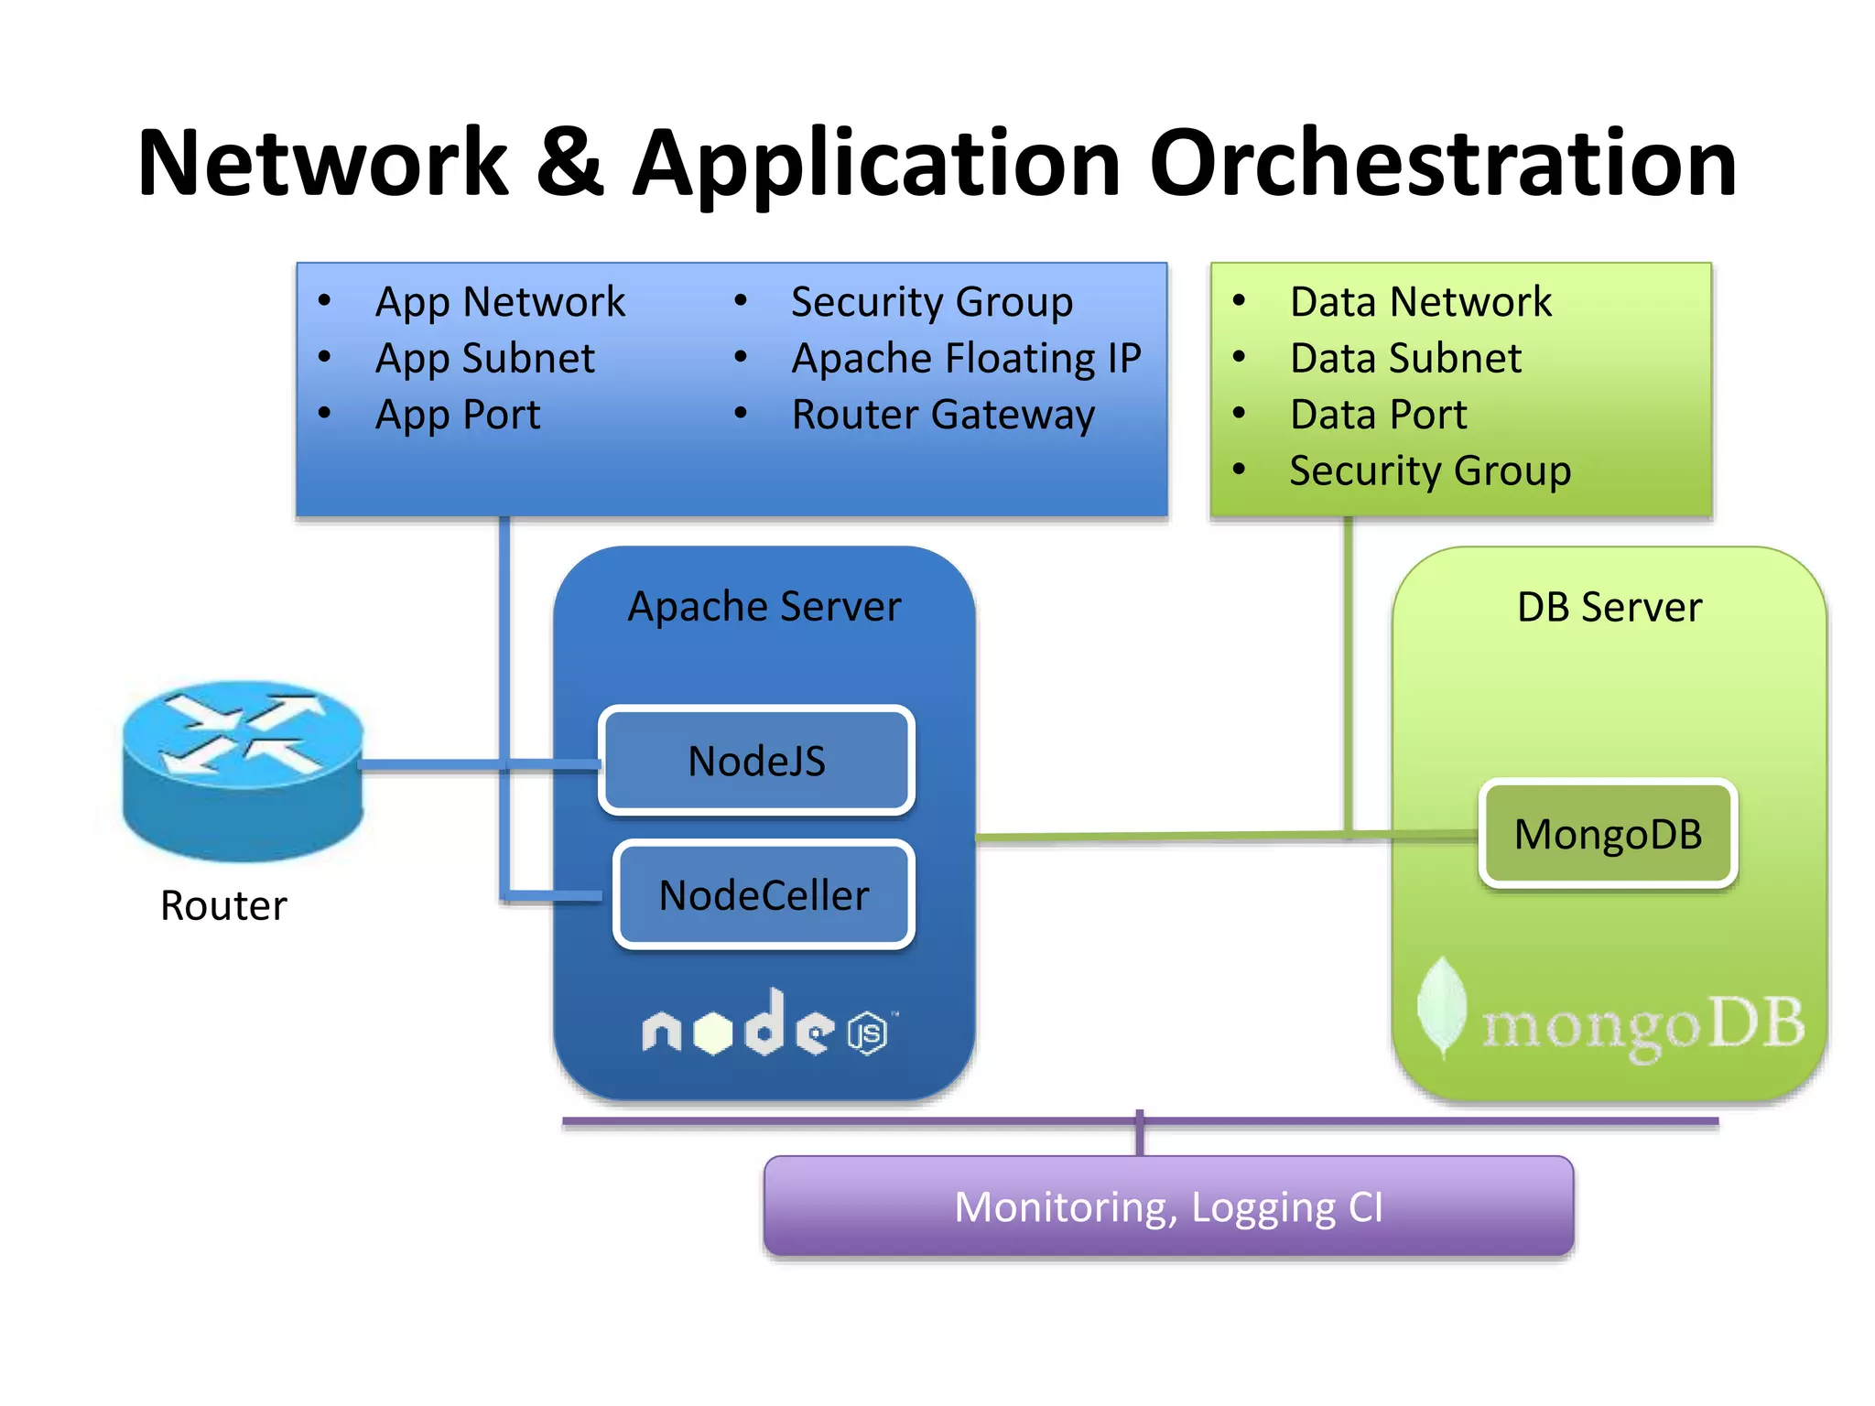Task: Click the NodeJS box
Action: coord(756,761)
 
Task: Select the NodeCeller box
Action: coord(764,895)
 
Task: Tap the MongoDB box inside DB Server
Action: coord(1608,834)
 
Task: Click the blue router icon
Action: coord(243,769)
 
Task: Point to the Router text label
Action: coord(223,905)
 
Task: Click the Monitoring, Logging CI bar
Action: coord(1168,1206)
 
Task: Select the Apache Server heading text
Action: coord(764,607)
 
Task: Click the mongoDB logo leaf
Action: coord(1442,1007)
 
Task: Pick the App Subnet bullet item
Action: coord(484,358)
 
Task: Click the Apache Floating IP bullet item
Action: coord(966,358)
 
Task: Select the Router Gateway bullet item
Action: coord(942,415)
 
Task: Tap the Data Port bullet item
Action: coord(1378,415)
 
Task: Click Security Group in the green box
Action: coord(1430,471)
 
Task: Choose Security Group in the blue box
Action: coord(931,302)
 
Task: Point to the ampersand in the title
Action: coord(569,164)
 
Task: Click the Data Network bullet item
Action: coord(1420,302)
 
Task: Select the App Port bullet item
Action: coord(458,415)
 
